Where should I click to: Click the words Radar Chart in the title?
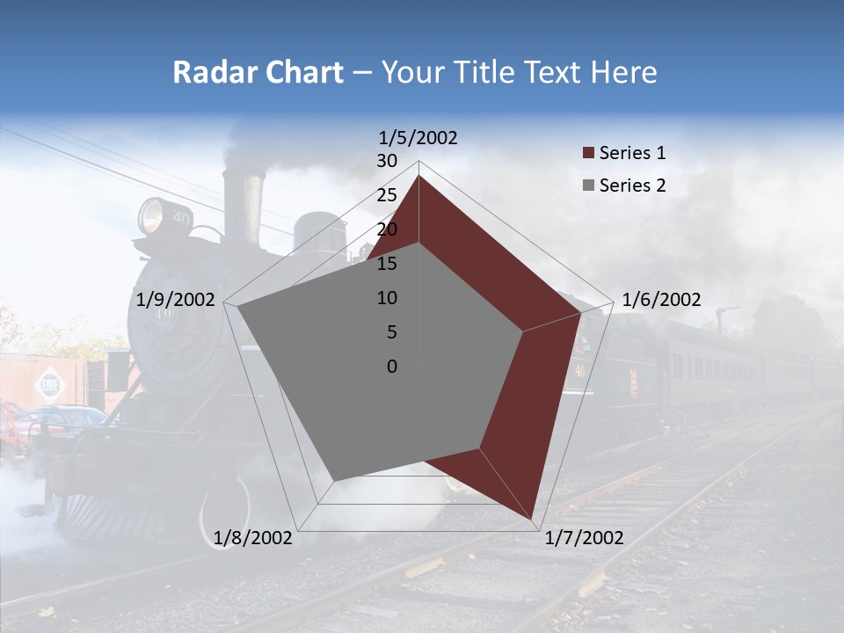[258, 72]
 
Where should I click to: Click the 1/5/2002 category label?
[418, 137]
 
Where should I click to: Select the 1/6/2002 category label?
[661, 300]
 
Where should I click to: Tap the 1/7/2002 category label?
[584, 538]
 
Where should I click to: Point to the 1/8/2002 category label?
[253, 538]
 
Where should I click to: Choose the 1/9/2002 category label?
[176, 300]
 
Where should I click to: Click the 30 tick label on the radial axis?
[387, 161]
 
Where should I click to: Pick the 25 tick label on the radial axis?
[387, 195]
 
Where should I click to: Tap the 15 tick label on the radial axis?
[387, 264]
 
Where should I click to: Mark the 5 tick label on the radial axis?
[391, 332]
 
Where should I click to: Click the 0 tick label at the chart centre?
[392, 367]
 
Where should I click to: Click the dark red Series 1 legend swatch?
[588, 154]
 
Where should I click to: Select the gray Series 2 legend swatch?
[588, 186]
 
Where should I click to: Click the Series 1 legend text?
[632, 153]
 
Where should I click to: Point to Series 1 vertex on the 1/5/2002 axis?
[418, 176]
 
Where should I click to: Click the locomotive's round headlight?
[152, 215]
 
